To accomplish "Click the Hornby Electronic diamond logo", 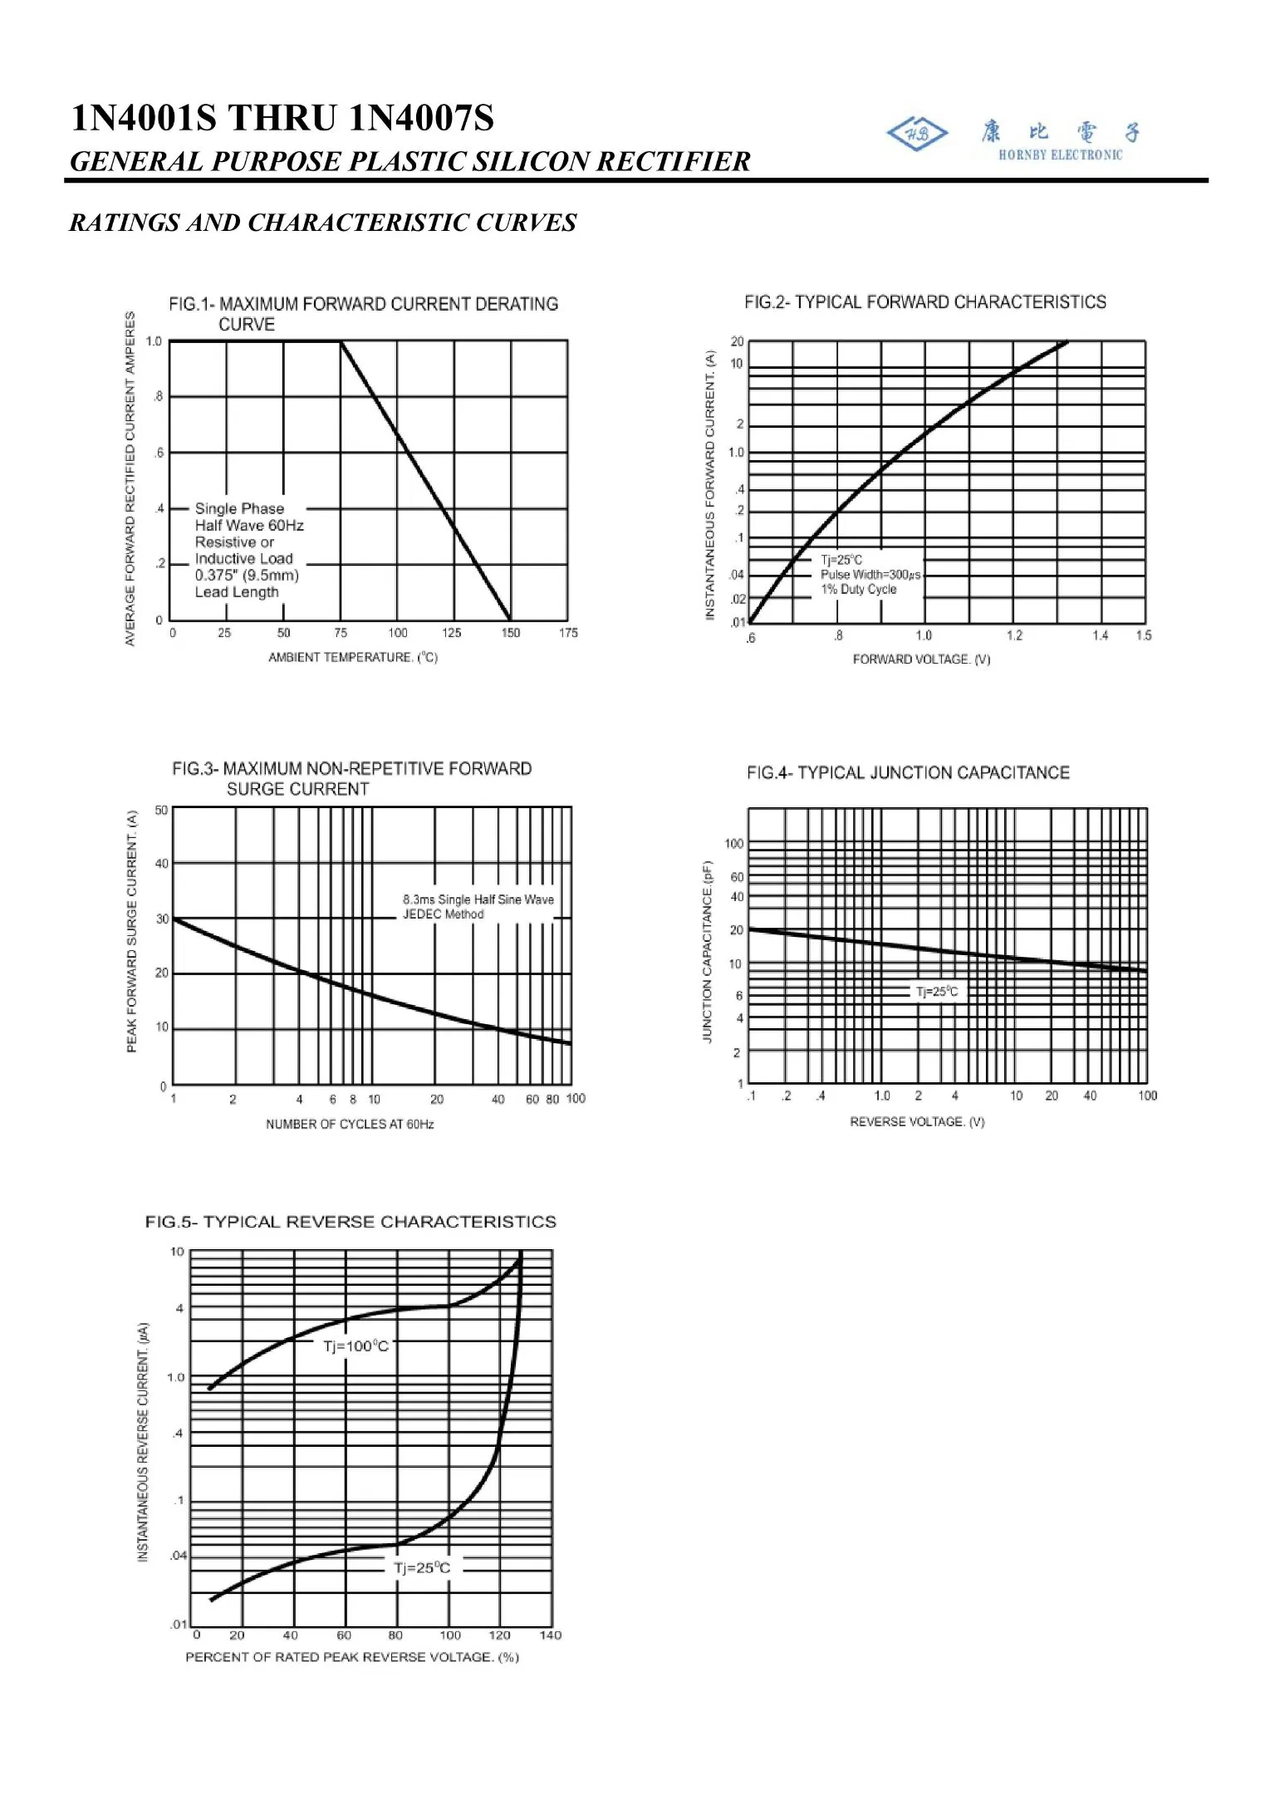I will pyautogui.click(x=917, y=134).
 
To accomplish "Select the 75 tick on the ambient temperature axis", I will pyautogui.click(x=341, y=633).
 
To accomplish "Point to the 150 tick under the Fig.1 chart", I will pyautogui.click(x=510, y=633).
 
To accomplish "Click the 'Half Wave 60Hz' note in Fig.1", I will pyautogui.click(x=249, y=526).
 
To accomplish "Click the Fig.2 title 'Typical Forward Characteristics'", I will pyautogui.click(x=925, y=302).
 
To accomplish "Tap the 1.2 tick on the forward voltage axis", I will pyautogui.click(x=1014, y=636).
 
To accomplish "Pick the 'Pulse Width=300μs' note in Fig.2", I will pyautogui.click(x=870, y=575).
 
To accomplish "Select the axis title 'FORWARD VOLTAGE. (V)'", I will pyautogui.click(x=921, y=659).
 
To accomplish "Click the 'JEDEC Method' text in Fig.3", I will pyautogui.click(x=443, y=914).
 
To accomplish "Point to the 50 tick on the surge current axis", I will pyautogui.click(x=161, y=811).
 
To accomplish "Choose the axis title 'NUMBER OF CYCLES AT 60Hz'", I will pyautogui.click(x=350, y=1125).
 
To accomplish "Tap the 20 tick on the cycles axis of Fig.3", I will pyautogui.click(x=437, y=1100).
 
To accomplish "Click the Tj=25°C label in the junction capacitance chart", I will pyautogui.click(x=936, y=992).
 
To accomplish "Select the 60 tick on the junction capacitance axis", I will pyautogui.click(x=737, y=877).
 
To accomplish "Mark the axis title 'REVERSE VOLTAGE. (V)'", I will pyautogui.click(x=917, y=1122).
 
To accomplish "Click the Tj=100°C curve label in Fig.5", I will pyautogui.click(x=356, y=1346).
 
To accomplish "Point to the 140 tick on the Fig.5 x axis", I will pyautogui.click(x=550, y=1635).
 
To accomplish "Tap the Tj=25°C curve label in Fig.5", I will pyautogui.click(x=422, y=1568).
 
